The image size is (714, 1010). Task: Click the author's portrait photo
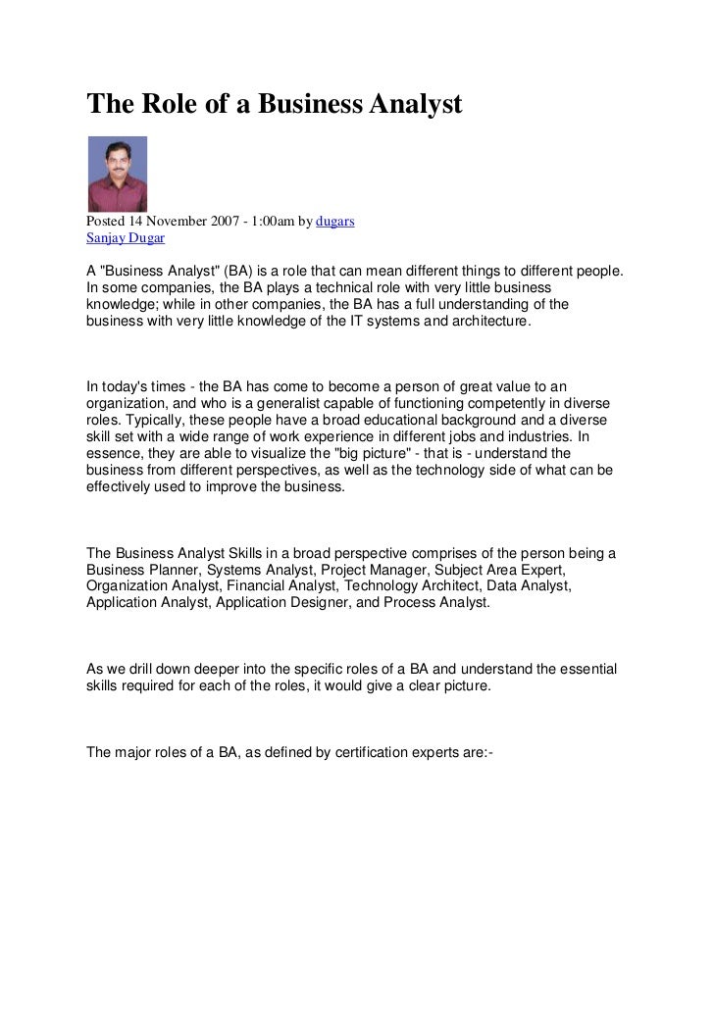(x=117, y=174)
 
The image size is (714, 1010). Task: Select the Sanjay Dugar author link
(x=119, y=238)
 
